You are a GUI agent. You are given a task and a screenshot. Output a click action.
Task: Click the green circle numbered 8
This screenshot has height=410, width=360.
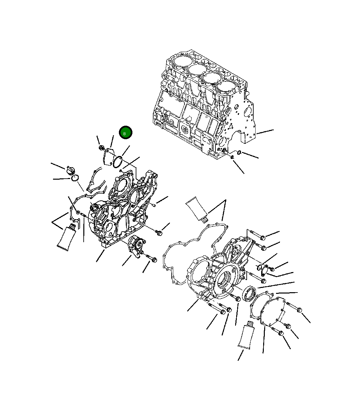125,133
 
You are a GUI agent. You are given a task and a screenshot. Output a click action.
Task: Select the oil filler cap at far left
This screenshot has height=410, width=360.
70,171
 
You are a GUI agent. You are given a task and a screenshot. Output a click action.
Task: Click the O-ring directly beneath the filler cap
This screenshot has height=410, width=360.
75,178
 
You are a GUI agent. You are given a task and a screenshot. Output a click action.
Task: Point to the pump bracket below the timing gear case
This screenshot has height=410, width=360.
136,245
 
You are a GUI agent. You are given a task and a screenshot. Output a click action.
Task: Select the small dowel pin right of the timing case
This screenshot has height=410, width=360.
153,205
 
